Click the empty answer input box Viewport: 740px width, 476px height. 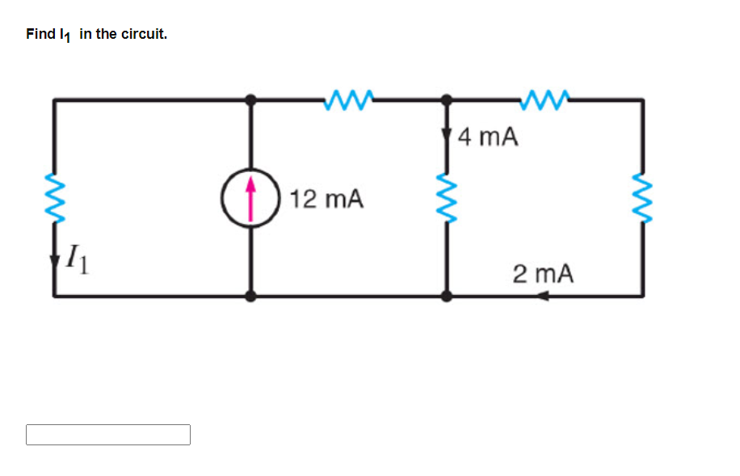(x=108, y=435)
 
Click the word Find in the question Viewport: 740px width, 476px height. (x=40, y=34)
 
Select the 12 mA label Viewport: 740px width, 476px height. (x=326, y=199)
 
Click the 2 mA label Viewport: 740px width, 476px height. (x=543, y=274)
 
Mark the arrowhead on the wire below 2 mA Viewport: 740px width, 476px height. (x=543, y=297)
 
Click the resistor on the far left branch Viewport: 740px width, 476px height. (x=55, y=195)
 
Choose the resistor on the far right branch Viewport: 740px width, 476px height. (x=643, y=195)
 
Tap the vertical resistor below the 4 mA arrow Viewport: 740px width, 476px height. (x=447, y=195)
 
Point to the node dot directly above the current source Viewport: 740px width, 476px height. (x=251, y=99)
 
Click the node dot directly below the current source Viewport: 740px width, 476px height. (x=251, y=297)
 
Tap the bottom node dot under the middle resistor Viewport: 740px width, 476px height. (x=447, y=297)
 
